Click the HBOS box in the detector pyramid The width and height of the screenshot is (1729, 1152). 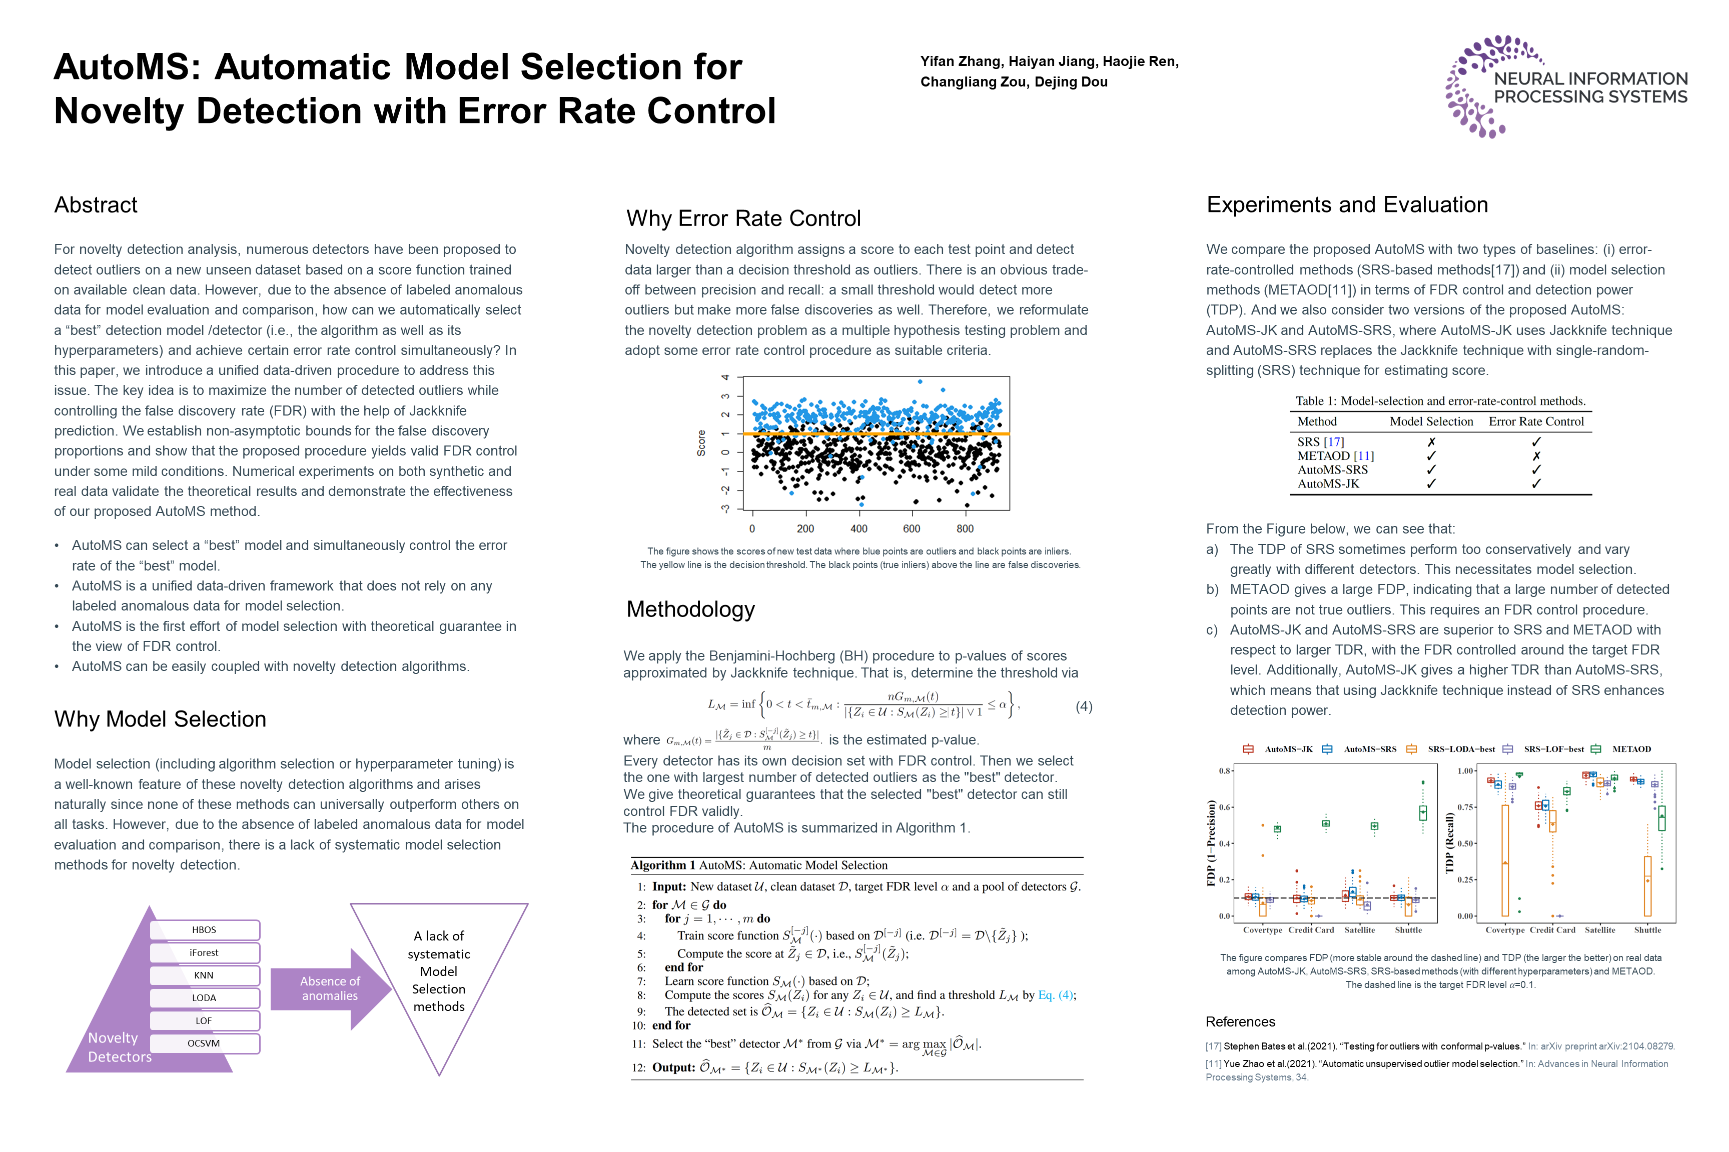pos(204,929)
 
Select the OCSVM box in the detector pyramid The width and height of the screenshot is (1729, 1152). pos(204,1043)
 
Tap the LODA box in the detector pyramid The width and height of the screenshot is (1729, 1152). pos(204,997)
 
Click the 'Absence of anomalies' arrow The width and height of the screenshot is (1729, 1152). pos(330,989)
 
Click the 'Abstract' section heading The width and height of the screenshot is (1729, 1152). pos(96,205)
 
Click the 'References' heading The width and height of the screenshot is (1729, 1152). pos(1240,1022)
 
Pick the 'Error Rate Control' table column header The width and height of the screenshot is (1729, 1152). pos(1536,421)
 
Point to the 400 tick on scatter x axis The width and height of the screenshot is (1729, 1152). pos(858,529)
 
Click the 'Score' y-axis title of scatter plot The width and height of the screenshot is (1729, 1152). pos(701,443)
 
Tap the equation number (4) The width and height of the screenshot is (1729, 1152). pos(1084,707)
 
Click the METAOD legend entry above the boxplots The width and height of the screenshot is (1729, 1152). pos(1631,749)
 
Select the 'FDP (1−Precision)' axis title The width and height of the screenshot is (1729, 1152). pos(1211,843)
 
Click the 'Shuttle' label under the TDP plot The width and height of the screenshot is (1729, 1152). pos(1647,930)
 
